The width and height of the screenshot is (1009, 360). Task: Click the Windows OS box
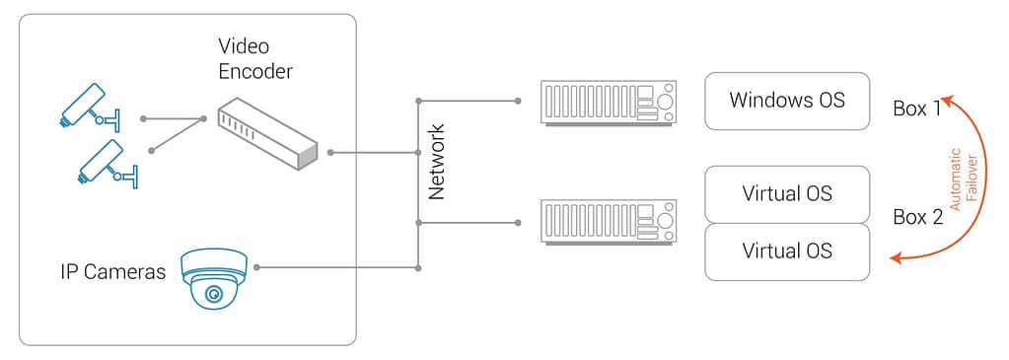coord(787,101)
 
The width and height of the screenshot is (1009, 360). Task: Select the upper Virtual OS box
coord(787,193)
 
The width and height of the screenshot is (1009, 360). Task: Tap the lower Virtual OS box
coord(787,252)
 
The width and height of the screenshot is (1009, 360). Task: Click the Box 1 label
coord(916,109)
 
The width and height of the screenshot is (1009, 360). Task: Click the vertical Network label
coord(437,162)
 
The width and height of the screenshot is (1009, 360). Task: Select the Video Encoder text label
coord(255,59)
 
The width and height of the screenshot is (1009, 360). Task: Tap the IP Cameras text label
coord(111,271)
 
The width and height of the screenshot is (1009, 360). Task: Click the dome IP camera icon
coord(213,277)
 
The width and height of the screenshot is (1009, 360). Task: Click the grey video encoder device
coord(267,134)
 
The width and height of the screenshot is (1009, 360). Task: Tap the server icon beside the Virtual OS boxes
coord(610,222)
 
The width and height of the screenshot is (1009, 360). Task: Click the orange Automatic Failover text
coord(963,178)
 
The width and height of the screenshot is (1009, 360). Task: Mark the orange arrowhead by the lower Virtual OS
coord(897,258)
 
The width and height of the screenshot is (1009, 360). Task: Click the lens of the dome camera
coord(212,293)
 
